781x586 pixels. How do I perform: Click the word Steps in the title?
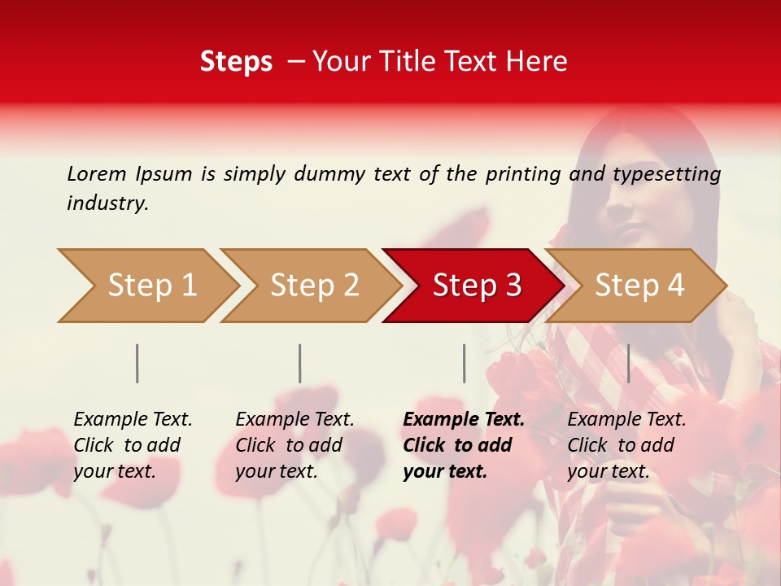(x=236, y=62)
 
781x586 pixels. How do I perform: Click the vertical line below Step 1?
(x=137, y=363)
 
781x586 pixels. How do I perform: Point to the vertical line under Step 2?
(x=300, y=363)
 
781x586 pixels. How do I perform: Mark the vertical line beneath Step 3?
(x=464, y=363)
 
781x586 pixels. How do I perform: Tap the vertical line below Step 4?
(x=628, y=363)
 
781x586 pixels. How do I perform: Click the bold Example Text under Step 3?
(x=464, y=420)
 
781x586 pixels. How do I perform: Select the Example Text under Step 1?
(x=133, y=420)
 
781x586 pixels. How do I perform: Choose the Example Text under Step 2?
(x=295, y=420)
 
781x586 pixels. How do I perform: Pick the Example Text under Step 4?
(x=626, y=420)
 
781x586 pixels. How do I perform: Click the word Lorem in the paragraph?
(x=97, y=174)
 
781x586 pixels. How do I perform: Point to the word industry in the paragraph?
(x=107, y=203)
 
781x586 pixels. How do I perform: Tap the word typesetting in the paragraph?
(x=666, y=174)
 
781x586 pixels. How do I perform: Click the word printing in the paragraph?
(x=523, y=174)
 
